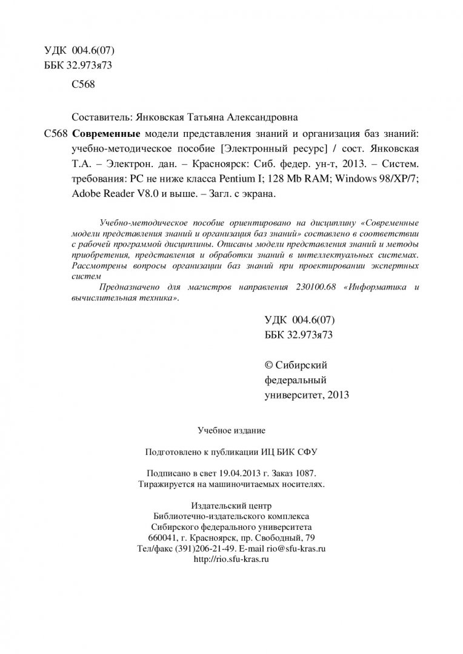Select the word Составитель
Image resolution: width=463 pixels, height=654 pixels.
98,116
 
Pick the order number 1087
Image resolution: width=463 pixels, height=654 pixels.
305,473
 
